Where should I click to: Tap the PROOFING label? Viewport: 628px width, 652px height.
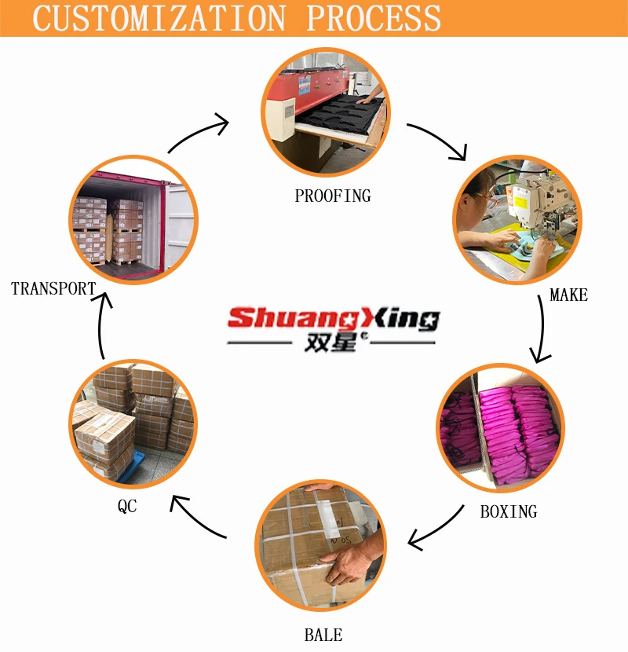(x=332, y=196)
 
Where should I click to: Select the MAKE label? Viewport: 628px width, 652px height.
(x=568, y=295)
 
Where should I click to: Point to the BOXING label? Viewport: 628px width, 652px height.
(x=509, y=512)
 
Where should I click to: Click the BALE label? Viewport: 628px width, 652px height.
(x=323, y=635)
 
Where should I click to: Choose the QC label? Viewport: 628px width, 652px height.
(x=127, y=507)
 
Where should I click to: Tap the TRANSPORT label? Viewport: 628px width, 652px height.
(x=53, y=289)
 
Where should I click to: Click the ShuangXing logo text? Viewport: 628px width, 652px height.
(x=332, y=318)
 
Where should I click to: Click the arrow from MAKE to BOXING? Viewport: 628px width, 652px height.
(x=540, y=330)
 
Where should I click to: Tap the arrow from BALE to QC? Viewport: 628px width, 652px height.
(x=198, y=518)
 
